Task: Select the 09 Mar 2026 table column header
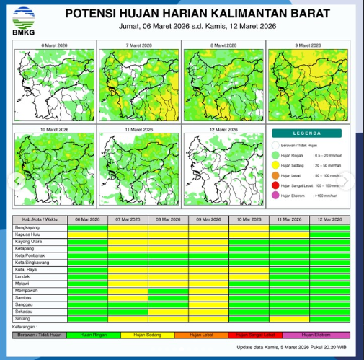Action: [208, 218]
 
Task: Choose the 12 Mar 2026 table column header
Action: [329, 218]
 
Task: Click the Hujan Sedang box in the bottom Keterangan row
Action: [147, 335]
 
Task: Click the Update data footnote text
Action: [296, 349]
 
